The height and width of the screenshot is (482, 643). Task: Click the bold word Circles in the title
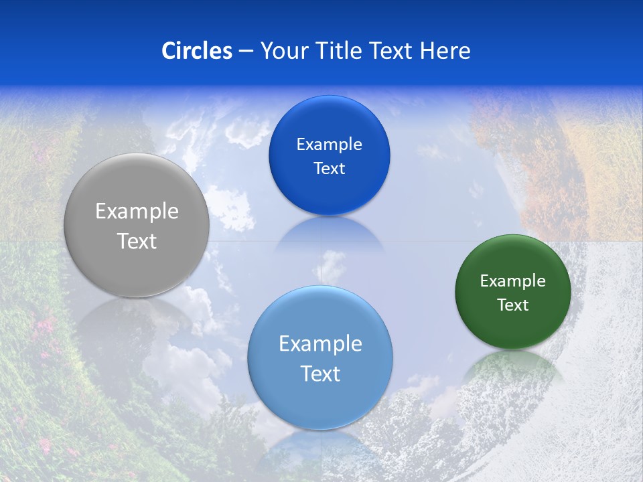pyautogui.click(x=196, y=51)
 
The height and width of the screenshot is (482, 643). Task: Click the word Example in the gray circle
pyautogui.click(x=137, y=212)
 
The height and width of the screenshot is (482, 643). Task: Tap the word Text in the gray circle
pyautogui.click(x=137, y=241)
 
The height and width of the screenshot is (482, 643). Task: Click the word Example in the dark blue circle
pyautogui.click(x=329, y=145)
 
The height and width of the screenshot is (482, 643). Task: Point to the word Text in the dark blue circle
pyautogui.click(x=329, y=168)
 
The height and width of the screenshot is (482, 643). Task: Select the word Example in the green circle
pyautogui.click(x=512, y=281)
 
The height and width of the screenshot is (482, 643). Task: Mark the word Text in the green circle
pyautogui.click(x=512, y=305)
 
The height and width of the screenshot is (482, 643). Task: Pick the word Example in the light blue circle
pyautogui.click(x=320, y=344)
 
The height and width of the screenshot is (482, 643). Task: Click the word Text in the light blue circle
pyautogui.click(x=320, y=374)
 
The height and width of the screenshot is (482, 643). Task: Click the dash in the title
pyautogui.click(x=246, y=51)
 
